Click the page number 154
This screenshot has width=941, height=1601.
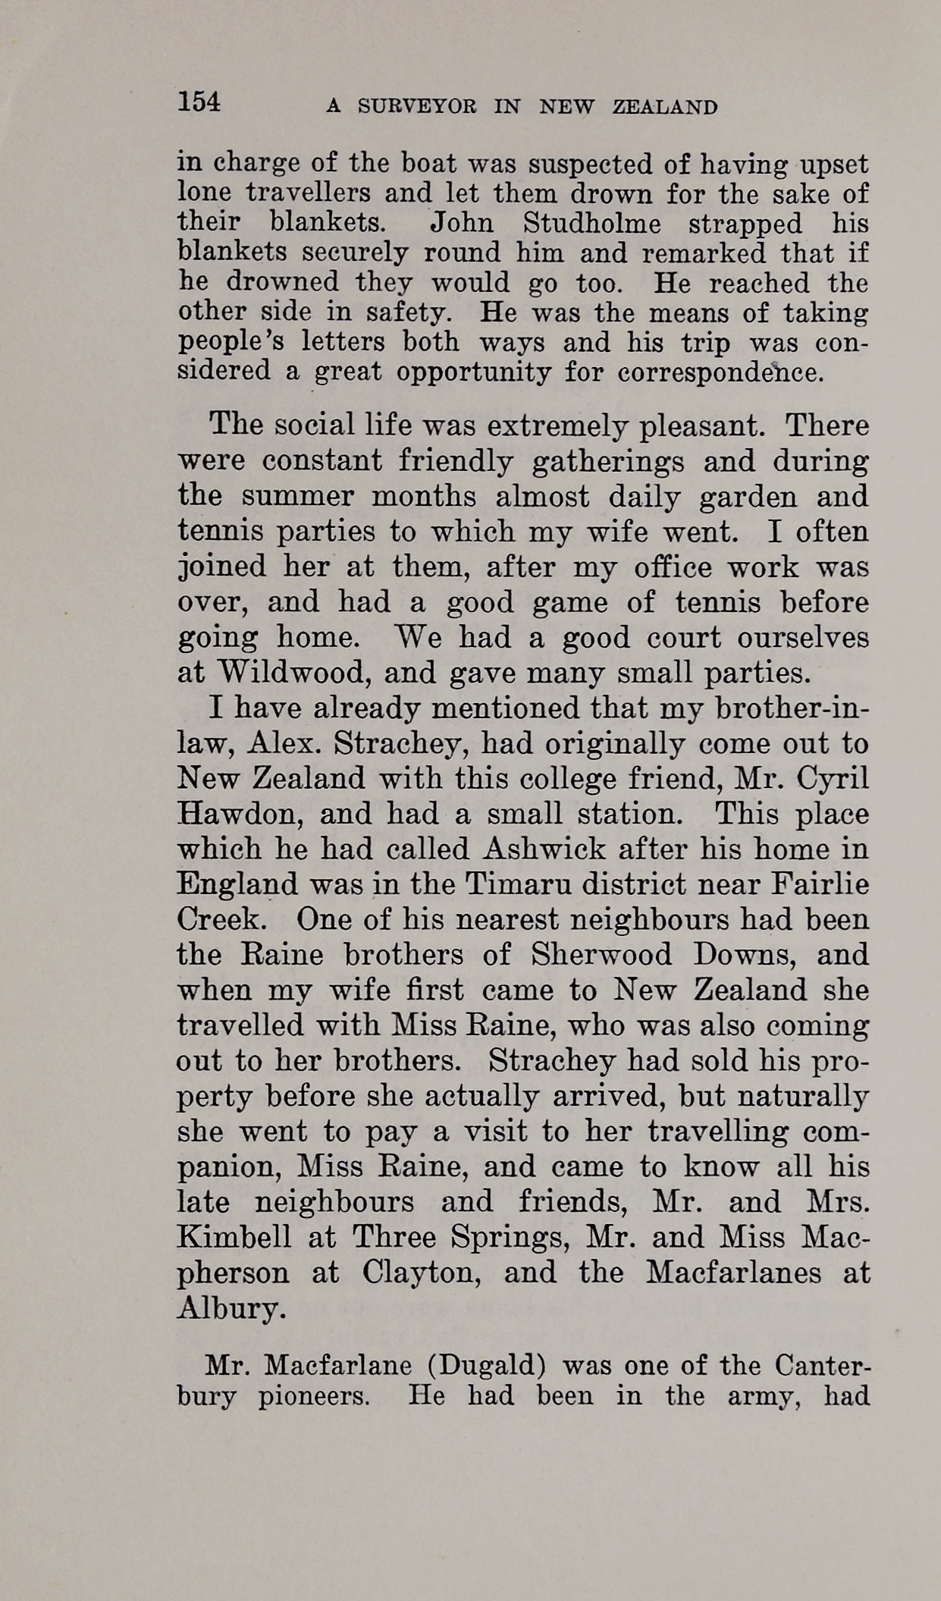(x=199, y=102)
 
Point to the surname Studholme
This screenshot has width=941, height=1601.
(x=591, y=223)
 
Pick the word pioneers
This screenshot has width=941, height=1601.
(x=313, y=1395)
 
